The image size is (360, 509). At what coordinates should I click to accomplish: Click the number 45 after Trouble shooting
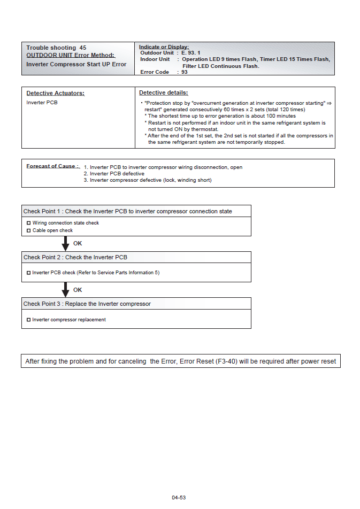[x=83, y=48]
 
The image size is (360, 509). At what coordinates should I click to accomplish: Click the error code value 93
[x=185, y=72]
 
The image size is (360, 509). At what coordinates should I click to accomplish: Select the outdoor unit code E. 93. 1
[x=191, y=53]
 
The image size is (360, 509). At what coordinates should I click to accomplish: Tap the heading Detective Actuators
[x=56, y=93]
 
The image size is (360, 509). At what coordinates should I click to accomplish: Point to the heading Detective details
[x=163, y=93]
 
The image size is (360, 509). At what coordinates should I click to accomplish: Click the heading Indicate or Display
[x=164, y=47]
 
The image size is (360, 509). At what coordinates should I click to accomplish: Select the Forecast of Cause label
[x=52, y=166]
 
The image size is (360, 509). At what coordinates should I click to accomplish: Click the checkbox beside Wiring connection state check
[x=29, y=223]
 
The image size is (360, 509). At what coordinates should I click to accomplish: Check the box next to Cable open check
[x=29, y=230]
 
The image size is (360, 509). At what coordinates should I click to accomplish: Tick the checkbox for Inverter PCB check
[x=29, y=273]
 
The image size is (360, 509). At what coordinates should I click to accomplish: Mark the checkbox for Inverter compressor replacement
[x=29, y=320]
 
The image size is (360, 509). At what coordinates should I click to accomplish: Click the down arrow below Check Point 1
[x=65, y=244]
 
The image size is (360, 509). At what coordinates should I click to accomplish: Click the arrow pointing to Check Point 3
[x=65, y=290]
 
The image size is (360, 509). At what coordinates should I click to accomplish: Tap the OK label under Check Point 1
[x=78, y=243]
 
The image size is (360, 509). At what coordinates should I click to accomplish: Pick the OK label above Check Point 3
[x=78, y=290]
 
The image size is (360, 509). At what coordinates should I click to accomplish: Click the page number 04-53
[x=179, y=498]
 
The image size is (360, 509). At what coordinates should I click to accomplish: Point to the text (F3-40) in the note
[x=227, y=361]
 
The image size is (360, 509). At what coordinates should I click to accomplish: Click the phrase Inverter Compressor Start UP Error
[x=76, y=64]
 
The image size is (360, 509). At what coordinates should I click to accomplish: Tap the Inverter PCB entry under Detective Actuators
[x=42, y=103]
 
